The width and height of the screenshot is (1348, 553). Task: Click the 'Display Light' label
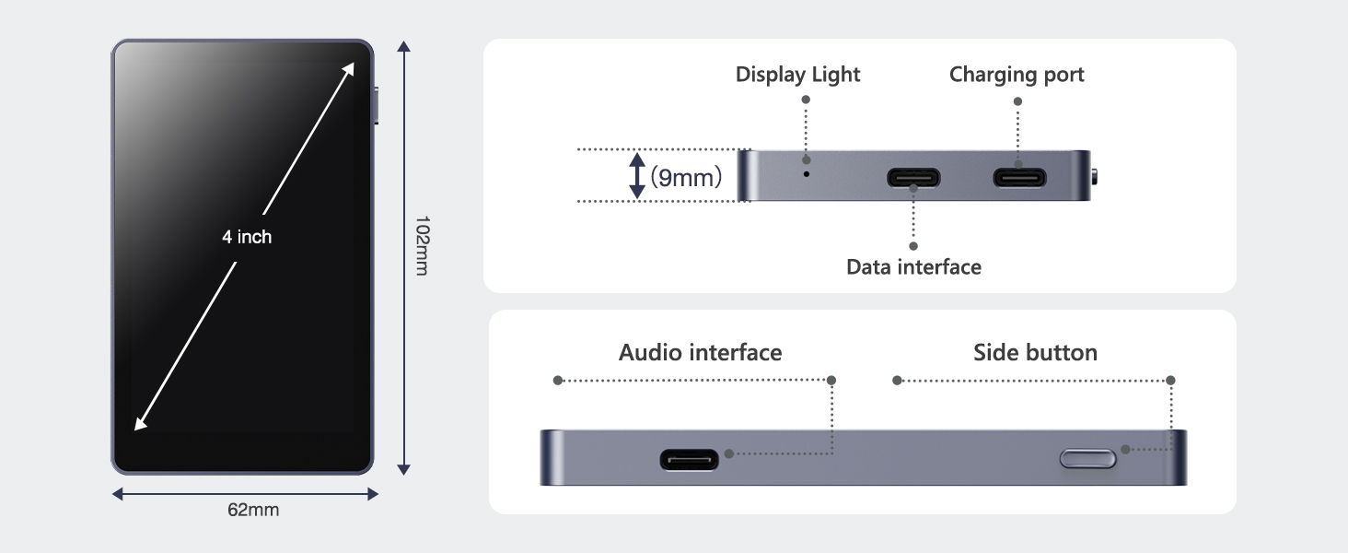[797, 75]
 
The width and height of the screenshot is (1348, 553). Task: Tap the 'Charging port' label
[1017, 75]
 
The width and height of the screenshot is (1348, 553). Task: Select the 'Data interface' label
[913, 267]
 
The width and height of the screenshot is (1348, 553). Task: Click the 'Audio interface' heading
[700, 353]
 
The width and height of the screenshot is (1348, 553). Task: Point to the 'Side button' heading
[1035, 353]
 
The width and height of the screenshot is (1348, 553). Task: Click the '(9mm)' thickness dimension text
[686, 177]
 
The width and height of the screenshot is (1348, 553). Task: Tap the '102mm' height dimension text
[422, 246]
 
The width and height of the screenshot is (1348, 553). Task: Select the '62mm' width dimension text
[253, 510]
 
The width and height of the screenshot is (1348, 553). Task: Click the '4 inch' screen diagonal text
[247, 237]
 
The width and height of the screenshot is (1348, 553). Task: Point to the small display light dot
[808, 172]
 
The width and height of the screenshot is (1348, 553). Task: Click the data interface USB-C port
[913, 177]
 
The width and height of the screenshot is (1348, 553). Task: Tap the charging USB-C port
[1018, 177]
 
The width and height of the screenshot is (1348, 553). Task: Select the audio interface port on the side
[689, 458]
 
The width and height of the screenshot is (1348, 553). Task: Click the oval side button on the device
[1088, 458]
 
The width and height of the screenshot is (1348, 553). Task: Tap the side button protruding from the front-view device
[378, 105]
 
